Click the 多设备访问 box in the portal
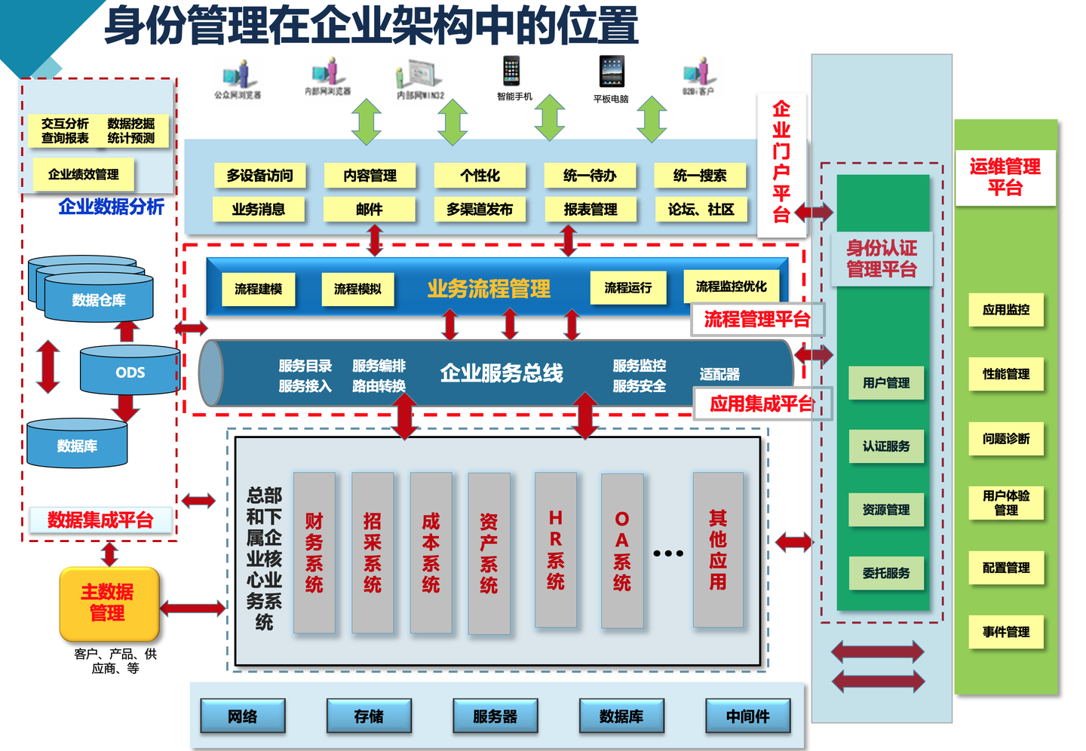click(x=259, y=176)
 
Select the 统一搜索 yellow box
click(x=700, y=176)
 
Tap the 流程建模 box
click(x=259, y=289)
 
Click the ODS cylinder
click(x=130, y=372)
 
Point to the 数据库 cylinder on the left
click(x=77, y=445)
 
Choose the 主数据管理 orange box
click(x=109, y=602)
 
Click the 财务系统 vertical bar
click(x=314, y=553)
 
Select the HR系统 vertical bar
click(x=555, y=550)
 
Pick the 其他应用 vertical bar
click(x=717, y=550)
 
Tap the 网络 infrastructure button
click(x=243, y=716)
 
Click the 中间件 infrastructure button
click(x=747, y=716)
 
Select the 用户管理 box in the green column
click(x=886, y=383)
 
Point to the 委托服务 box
click(x=886, y=573)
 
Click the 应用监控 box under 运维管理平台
click(x=1006, y=310)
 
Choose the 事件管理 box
click(x=1006, y=632)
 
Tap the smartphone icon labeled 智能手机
click(x=511, y=71)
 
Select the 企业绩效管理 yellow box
click(x=83, y=174)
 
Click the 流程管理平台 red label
click(x=757, y=320)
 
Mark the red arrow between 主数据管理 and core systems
click(x=193, y=608)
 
